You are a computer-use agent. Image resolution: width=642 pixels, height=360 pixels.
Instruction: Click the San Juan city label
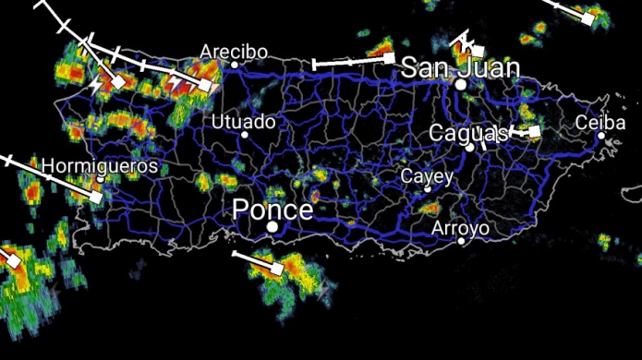460,67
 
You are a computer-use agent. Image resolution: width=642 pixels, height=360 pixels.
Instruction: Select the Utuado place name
243,121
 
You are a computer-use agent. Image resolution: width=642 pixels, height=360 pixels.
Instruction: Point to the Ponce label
273,210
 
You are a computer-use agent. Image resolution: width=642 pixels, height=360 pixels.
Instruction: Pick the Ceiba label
600,123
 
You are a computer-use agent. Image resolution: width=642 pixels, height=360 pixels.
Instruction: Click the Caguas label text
467,133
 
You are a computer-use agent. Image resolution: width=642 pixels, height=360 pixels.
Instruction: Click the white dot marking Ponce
273,226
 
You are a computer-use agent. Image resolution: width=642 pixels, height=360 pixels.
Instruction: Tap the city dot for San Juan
460,84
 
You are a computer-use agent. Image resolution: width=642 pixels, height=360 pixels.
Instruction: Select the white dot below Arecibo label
235,65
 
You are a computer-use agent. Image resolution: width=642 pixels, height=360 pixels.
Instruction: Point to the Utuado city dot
245,135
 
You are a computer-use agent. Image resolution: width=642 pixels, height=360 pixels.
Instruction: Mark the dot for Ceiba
601,136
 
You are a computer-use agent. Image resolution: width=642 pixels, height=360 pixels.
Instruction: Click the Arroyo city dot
462,241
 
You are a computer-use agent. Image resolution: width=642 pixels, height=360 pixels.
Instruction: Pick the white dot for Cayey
428,189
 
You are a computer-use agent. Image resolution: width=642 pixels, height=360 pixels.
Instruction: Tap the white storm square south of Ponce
276,269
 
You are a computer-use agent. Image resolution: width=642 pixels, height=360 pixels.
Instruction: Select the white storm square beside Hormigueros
95,196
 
